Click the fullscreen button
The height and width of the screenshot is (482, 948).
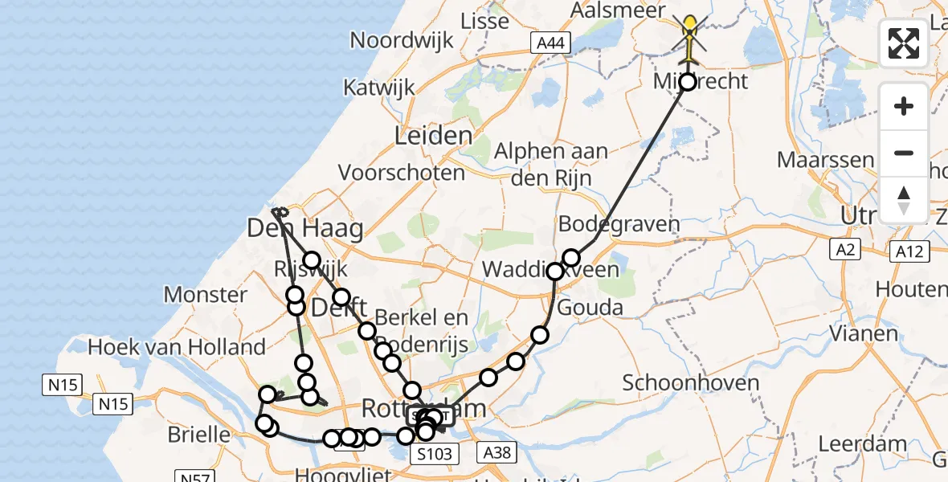904,43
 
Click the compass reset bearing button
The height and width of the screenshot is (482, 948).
904,200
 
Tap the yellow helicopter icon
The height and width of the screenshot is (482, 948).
690,35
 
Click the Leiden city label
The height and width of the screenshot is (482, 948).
433,135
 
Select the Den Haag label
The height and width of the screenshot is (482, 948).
304,229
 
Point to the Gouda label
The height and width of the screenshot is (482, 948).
590,307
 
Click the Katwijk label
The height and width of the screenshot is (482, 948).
378,87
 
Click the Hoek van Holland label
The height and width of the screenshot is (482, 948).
177,347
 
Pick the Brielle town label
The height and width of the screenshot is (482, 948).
199,435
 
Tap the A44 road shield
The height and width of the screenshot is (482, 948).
550,43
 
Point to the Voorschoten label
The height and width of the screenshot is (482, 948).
402,172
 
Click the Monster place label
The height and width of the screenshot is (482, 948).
206,295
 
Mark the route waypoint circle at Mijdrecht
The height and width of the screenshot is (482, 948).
688,80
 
